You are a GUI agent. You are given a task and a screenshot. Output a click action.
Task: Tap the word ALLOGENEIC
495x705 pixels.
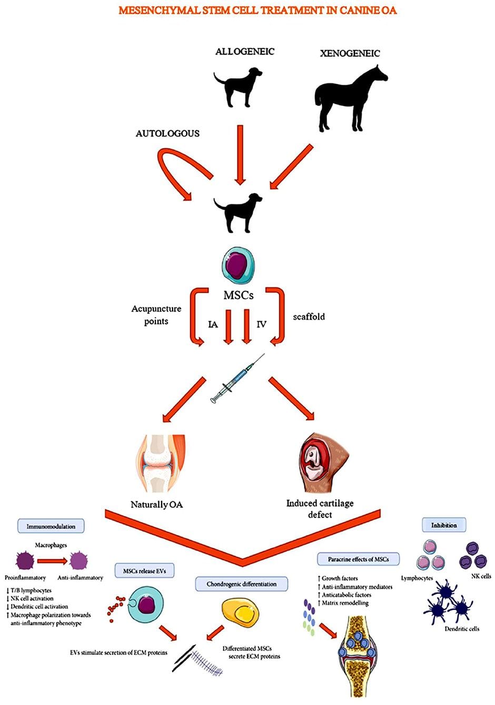(x=244, y=52)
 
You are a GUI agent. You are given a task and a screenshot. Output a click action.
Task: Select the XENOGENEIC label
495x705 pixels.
(x=350, y=53)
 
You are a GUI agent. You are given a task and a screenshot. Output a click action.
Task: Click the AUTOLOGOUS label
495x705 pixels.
(x=167, y=134)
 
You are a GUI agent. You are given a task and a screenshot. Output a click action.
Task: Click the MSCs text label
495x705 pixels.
(x=239, y=295)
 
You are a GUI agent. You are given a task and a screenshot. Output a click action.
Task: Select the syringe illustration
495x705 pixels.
(x=237, y=379)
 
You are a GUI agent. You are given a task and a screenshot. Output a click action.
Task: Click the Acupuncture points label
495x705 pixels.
(x=156, y=315)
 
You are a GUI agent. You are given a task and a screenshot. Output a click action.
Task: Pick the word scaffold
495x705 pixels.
(x=309, y=317)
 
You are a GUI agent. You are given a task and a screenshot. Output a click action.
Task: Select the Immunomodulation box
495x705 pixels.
(x=51, y=526)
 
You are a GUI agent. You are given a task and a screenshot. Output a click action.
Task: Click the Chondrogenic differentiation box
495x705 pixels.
(x=241, y=584)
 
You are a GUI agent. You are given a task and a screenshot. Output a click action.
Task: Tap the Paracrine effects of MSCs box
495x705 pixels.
(x=358, y=559)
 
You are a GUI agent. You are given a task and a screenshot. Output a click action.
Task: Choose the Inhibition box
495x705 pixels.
(x=444, y=525)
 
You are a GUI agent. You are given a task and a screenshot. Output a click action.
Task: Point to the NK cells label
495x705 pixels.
(x=481, y=577)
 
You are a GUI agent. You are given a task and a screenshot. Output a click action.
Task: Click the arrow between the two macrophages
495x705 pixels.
(x=52, y=560)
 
